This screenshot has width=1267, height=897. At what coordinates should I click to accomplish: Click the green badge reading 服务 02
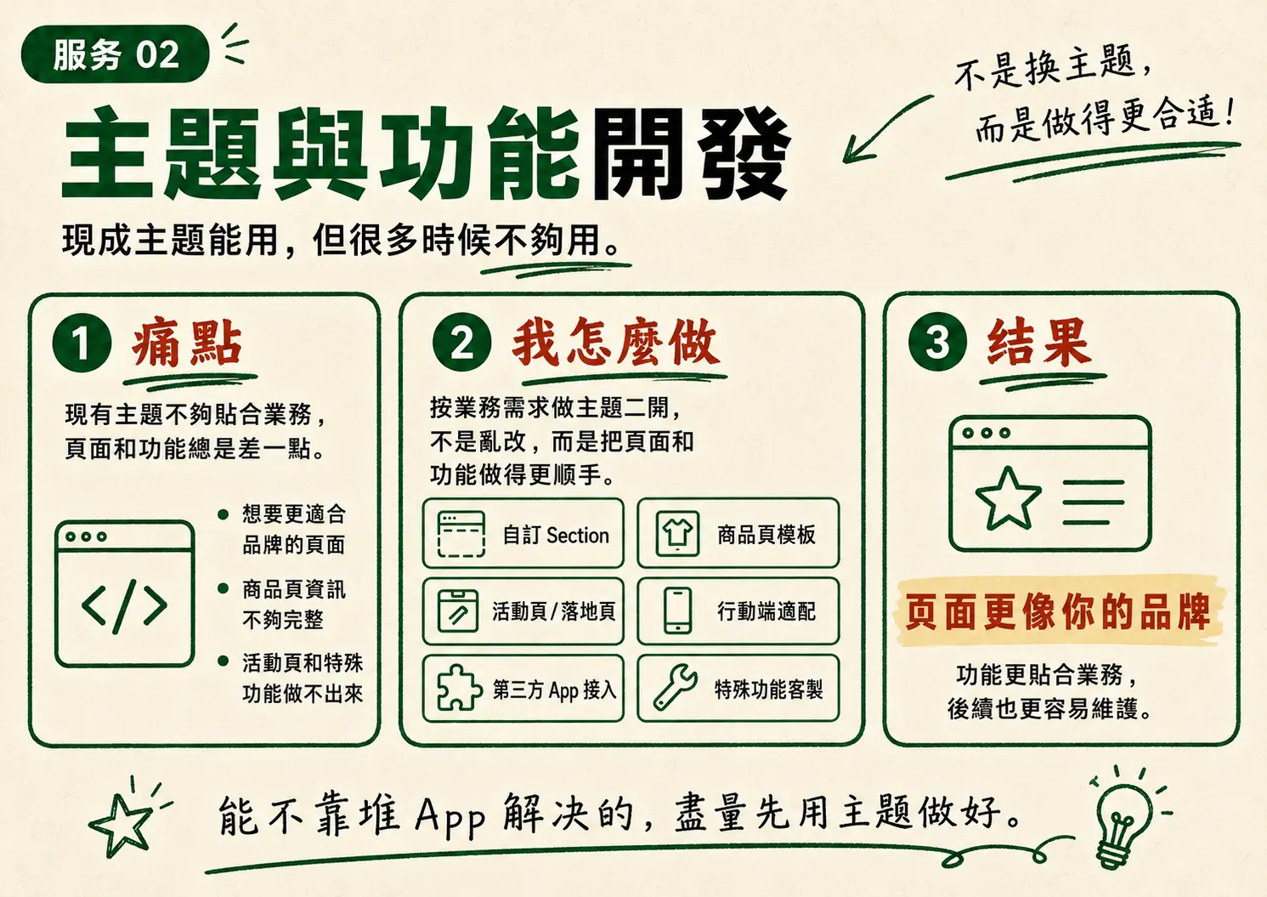pos(115,54)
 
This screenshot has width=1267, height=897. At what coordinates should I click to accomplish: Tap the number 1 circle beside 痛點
pos(82,343)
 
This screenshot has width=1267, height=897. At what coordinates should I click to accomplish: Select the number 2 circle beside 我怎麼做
pos(461,343)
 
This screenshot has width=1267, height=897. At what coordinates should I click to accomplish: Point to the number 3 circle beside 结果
pos(937,342)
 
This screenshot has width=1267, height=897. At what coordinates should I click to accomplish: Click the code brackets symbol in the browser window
pos(124,605)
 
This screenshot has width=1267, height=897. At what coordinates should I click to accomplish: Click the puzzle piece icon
pos(459,687)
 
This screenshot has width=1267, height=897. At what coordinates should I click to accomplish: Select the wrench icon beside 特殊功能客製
pos(676,686)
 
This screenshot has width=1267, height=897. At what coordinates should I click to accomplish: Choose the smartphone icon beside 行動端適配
pos(677,610)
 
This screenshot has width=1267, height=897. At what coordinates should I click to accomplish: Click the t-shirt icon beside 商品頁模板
pos(677,533)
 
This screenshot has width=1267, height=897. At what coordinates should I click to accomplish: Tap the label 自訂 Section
pos(556,535)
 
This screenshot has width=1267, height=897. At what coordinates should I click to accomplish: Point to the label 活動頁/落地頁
pos(554,611)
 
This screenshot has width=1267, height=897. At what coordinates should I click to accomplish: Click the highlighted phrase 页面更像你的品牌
pos(1057,612)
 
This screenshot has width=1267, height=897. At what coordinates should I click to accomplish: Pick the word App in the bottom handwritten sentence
pos(450,816)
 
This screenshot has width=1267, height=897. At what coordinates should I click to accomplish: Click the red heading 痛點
pos(187,343)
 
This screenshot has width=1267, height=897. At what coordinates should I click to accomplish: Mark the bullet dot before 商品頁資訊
pos(223,588)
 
